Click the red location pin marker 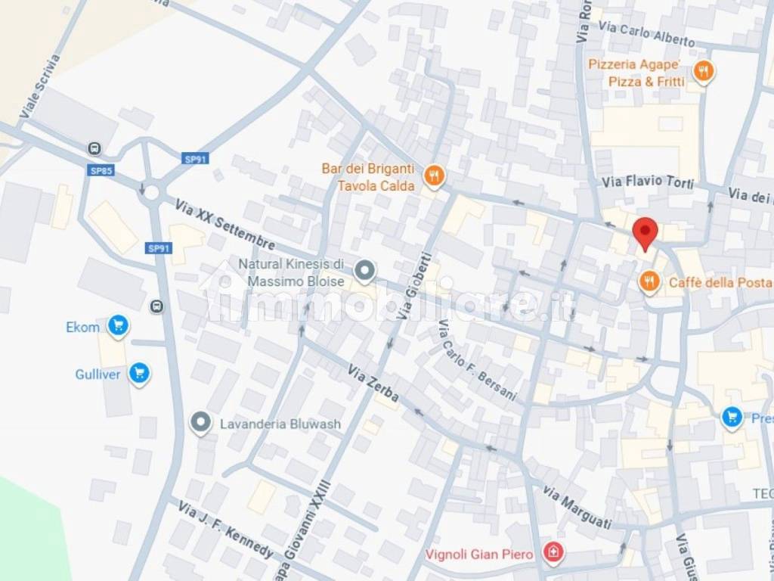tap(645, 231)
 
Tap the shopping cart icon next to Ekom tap(117, 326)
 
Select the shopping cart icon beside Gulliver tap(138, 373)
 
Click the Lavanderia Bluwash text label tap(280, 424)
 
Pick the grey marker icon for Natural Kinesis tap(365, 269)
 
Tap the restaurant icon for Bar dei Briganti tap(434, 176)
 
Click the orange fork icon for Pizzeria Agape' tap(704, 72)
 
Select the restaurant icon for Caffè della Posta tap(648, 282)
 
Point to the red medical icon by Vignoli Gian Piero tap(554, 554)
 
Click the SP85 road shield tap(101, 171)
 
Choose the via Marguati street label tap(576, 508)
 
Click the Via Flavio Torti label tap(648, 181)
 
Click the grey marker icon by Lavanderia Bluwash tap(200, 423)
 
